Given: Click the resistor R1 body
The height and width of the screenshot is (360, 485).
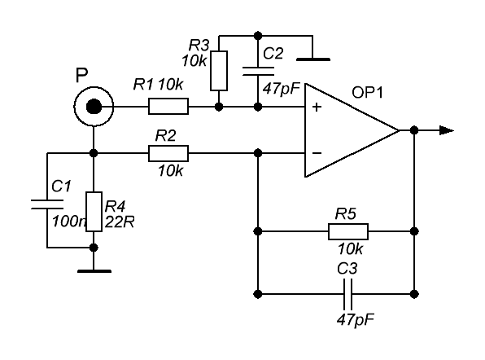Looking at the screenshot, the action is coord(168,107).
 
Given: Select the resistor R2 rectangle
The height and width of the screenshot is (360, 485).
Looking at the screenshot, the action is coord(168,153).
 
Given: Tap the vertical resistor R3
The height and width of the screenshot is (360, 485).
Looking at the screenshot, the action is coord(219,71).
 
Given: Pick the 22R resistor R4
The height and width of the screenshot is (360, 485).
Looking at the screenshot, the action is coord(94,212).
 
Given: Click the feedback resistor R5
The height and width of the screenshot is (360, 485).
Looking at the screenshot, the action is coord(348,231).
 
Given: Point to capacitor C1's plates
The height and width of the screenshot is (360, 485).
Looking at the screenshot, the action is coord(47,204).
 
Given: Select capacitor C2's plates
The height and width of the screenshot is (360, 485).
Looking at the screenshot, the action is coord(258,71).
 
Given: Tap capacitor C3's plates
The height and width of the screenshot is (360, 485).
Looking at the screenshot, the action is coord(347,294).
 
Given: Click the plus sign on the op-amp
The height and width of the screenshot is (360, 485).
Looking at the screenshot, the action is coord(317,107).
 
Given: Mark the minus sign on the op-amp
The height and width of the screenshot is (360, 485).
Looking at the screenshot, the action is coord(317,153).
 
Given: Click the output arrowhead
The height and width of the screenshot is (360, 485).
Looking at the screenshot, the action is coord(447,130).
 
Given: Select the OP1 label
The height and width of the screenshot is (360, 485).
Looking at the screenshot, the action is coord(368,93).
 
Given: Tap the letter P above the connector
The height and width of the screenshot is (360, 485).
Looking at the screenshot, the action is coord(81,75).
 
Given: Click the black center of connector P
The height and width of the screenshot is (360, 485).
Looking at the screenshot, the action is coord(94,107).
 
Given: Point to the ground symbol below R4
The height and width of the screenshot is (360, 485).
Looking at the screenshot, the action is coord(94,271).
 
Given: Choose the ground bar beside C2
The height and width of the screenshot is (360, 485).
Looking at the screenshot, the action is coord(313,59).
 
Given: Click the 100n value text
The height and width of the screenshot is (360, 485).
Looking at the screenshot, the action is coord(68,222).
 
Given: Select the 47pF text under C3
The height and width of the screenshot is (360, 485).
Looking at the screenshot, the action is coord(356,320).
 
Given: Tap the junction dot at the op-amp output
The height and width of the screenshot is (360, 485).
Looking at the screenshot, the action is coord(414,130).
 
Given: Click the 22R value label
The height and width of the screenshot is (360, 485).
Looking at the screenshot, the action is coord(120,222).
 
